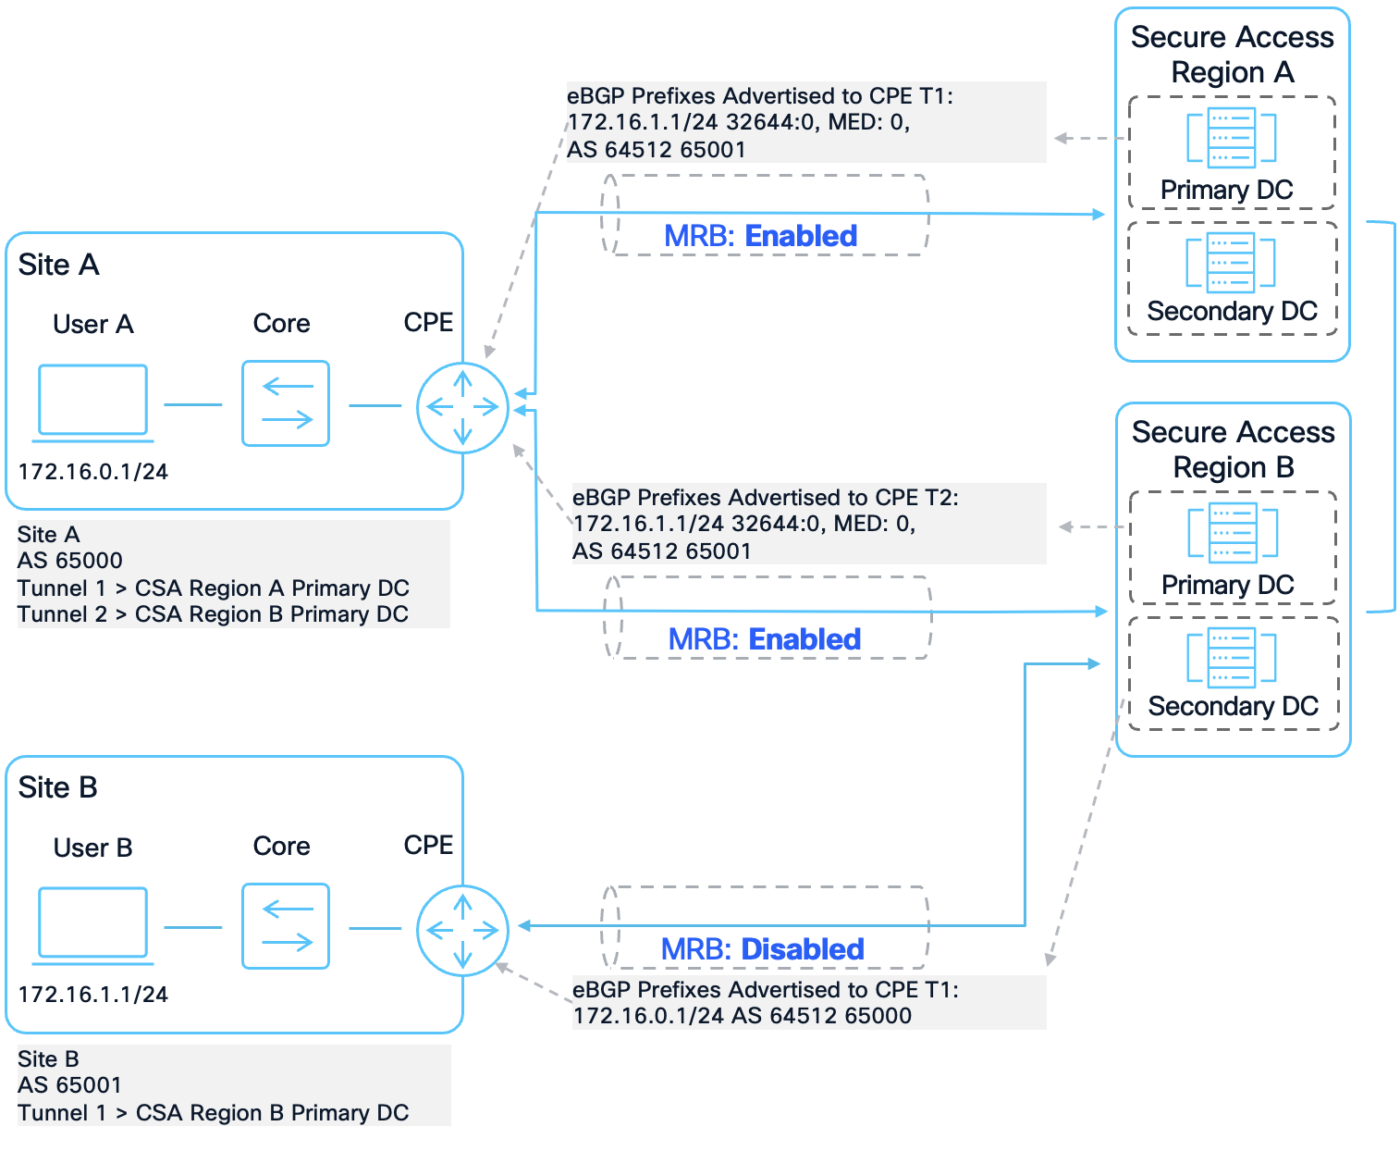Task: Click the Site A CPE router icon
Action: (462, 407)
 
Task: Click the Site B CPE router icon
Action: (462, 930)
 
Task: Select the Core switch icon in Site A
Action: (286, 403)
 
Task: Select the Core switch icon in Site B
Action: (286, 926)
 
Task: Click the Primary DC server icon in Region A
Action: (1231, 138)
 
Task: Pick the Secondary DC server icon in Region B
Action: (1232, 658)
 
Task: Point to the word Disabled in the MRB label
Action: (802, 949)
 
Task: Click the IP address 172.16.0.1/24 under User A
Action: (92, 472)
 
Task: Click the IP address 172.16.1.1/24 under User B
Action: (92, 995)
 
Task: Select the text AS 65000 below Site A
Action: (70, 561)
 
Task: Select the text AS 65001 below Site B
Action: (70, 1085)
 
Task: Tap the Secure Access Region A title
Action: (1232, 55)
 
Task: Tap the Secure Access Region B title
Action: (1233, 450)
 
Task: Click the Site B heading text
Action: (57, 787)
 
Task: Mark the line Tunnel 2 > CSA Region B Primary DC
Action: (213, 614)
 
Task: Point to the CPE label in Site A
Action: (428, 322)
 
